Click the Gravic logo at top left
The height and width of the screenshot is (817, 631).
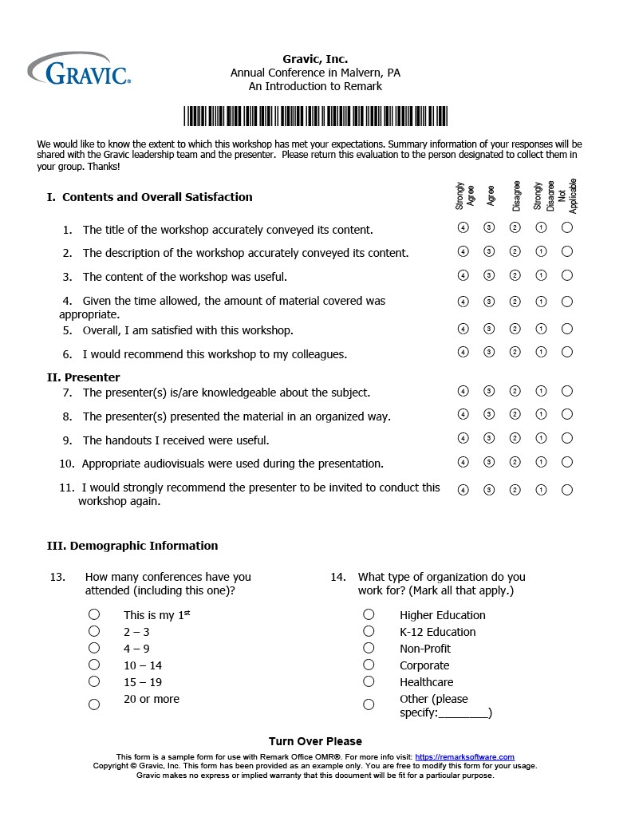pos(79,69)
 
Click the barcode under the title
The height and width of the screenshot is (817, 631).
pos(315,116)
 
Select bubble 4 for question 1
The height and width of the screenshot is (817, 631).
pos(463,227)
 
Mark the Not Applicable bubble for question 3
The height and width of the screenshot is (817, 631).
pos(567,275)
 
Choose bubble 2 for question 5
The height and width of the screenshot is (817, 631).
pos(515,328)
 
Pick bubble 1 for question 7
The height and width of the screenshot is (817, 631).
pos(541,391)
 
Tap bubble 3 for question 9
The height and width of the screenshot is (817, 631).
pos(489,438)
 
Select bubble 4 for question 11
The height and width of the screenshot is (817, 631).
pos(463,490)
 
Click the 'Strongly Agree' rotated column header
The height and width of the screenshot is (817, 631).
pos(464,196)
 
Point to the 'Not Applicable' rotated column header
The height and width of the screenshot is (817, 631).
pos(567,196)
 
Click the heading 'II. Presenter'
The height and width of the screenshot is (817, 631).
pos(84,377)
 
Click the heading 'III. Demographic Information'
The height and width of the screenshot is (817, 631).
pos(132,546)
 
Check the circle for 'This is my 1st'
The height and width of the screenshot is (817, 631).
pos(94,614)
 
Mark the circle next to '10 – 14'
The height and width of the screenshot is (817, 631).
pos(94,665)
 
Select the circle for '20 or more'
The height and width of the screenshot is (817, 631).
pos(94,705)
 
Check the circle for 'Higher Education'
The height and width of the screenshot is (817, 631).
pos(369,614)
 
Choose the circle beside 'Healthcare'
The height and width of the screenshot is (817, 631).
pos(369,681)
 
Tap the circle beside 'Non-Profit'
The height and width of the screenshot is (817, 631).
pos(369,648)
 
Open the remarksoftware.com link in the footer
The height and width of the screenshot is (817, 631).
pos(465,757)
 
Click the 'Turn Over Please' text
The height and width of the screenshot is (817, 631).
pos(315,741)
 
